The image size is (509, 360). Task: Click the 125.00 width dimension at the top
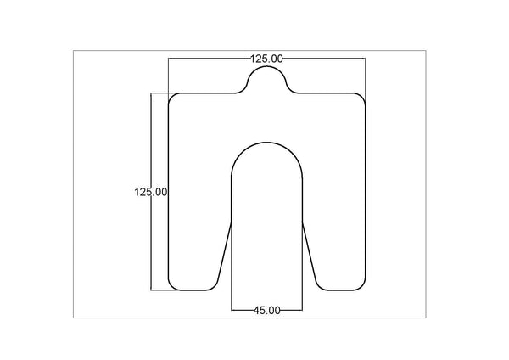coord(266,59)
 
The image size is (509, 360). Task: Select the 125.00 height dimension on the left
coord(150,192)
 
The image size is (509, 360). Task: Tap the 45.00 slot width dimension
coord(266,311)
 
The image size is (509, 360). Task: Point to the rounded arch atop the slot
coord(266,145)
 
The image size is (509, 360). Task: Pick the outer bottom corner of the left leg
coord(172,285)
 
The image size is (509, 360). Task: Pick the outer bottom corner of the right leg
coord(362,285)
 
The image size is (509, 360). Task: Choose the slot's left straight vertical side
coord(232,200)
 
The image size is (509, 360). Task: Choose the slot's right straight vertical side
coord(302,200)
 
